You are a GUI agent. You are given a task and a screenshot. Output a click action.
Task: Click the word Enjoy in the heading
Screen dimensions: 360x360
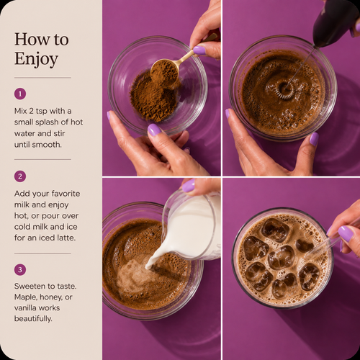(36, 59)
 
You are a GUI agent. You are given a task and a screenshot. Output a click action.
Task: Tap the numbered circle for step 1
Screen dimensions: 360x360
(20, 94)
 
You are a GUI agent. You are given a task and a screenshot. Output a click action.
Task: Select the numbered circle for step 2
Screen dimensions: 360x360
(20, 176)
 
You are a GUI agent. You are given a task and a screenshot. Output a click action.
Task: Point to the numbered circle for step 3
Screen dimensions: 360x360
(20, 269)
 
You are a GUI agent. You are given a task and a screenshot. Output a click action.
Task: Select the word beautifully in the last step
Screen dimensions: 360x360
(33, 319)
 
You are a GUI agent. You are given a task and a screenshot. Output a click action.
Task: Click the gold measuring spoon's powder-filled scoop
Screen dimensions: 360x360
(165, 71)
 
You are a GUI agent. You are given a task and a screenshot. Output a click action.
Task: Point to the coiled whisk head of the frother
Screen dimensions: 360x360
(285, 89)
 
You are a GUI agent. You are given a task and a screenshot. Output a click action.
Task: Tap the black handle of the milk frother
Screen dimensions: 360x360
(335, 22)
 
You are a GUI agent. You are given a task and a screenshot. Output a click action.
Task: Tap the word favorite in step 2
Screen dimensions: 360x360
(66, 194)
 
